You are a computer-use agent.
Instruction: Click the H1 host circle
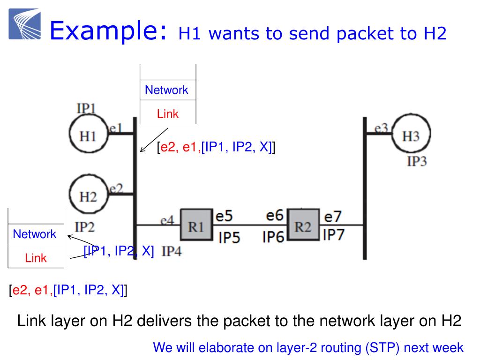89,135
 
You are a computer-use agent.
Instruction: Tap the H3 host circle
411,136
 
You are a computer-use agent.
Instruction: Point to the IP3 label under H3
417,162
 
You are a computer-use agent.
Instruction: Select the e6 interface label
275,216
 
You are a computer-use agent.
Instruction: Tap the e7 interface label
333,217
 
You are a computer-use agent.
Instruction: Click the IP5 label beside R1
230,238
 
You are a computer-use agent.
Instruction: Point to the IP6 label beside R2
274,237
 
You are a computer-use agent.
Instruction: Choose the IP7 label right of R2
333,234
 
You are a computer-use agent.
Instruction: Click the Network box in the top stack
166,90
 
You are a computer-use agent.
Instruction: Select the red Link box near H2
36,257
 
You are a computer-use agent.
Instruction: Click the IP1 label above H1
86,108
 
